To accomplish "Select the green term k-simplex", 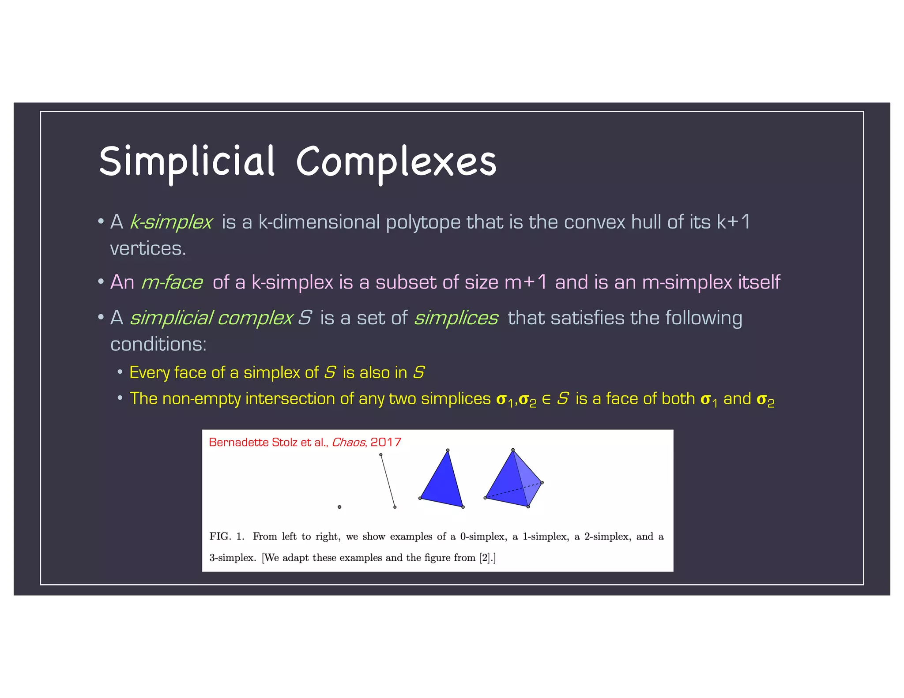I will click(171, 222).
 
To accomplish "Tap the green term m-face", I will click(172, 282).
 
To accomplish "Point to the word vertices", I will click(148, 249).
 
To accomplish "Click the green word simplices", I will click(456, 318).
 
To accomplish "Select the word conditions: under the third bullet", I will click(158, 345).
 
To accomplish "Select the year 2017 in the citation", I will click(385, 443).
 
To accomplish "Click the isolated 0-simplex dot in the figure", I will click(339, 507).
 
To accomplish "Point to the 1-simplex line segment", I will click(388, 480).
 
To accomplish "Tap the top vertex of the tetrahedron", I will click(512, 450).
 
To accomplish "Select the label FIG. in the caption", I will click(220, 537).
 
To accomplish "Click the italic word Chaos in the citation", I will click(348, 443).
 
